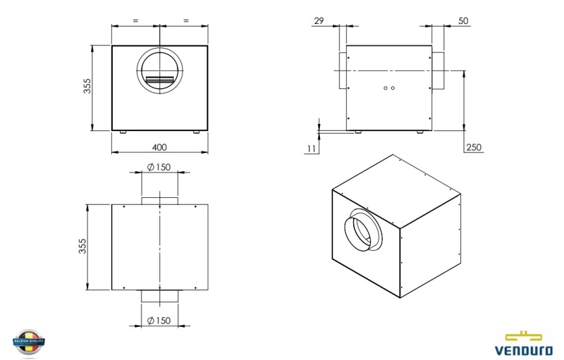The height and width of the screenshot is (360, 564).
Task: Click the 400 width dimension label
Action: click(159, 147)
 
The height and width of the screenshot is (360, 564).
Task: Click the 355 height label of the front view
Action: click(87, 85)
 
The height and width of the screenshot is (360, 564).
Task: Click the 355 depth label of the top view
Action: click(82, 246)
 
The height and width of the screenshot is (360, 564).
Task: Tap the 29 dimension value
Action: click(319, 21)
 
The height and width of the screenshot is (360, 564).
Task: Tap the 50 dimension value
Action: click(463, 21)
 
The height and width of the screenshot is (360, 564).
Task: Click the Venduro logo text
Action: click(525, 348)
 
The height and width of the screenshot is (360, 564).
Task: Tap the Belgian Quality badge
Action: click(29, 341)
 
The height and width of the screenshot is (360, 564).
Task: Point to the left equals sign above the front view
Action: click(135, 20)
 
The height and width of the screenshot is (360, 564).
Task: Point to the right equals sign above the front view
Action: click(185, 20)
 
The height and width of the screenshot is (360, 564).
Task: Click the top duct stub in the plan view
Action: click(159, 201)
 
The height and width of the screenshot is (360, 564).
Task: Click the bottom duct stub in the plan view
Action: click(159, 296)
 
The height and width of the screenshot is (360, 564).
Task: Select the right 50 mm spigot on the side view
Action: click(438, 70)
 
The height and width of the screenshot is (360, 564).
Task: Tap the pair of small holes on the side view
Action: click(388, 88)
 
